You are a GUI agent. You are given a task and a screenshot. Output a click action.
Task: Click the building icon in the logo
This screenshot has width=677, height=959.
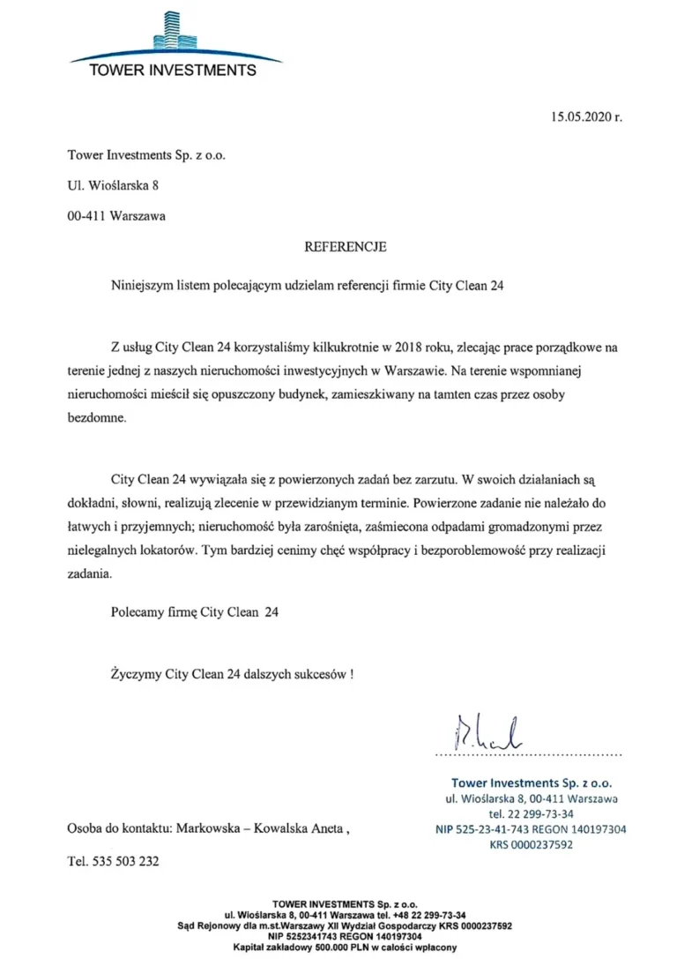pos(174,31)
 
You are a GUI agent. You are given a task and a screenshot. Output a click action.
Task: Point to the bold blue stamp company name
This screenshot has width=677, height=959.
pos(531,782)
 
